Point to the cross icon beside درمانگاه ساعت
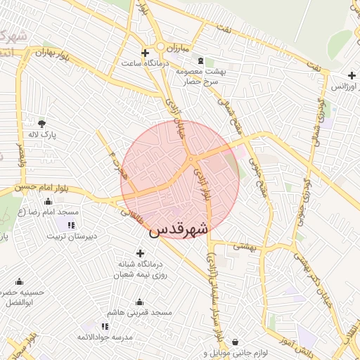(146, 53)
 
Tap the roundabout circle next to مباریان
(161, 47)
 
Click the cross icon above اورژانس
(352, 75)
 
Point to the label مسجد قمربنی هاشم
(140, 311)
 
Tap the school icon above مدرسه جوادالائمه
(105, 326)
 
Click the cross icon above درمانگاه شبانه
(140, 253)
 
